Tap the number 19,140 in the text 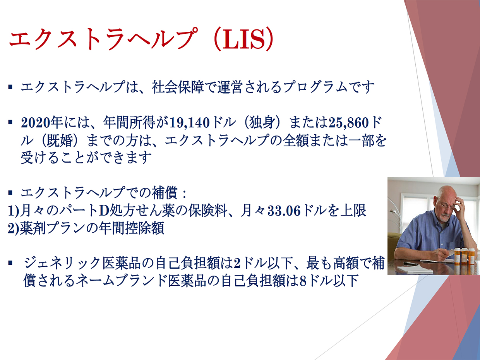pos(190,123)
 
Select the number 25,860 pos(349,123)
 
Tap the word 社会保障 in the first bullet pos(178,87)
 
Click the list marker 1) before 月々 pos(13,211)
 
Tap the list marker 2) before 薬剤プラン pos(13,229)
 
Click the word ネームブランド pos(122,281)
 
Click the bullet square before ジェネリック pos(10,263)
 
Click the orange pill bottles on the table pos(464,256)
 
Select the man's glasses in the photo pos(446,206)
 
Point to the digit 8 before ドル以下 pos(303,281)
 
